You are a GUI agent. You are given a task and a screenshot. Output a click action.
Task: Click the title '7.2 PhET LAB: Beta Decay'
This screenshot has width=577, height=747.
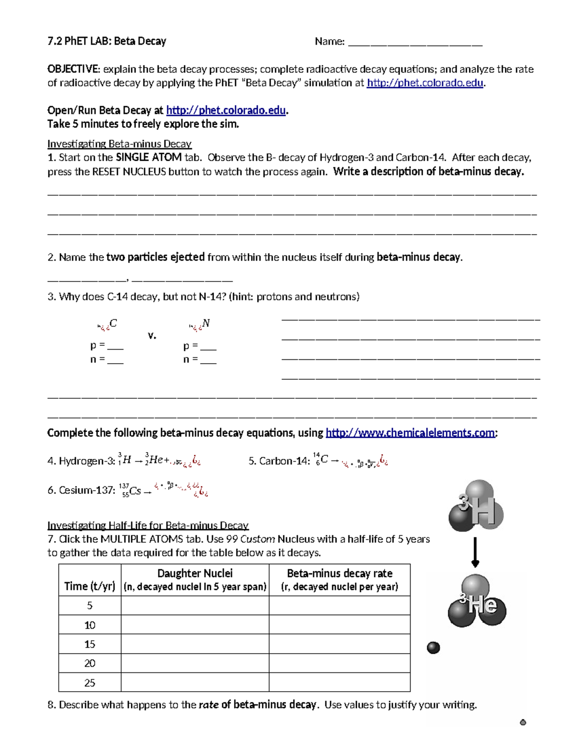pyautogui.click(x=106, y=41)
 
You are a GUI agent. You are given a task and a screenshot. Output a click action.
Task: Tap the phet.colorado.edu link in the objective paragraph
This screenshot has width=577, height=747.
pyautogui.click(x=425, y=83)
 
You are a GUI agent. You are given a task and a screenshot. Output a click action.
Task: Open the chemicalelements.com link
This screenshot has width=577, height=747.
pyautogui.click(x=410, y=433)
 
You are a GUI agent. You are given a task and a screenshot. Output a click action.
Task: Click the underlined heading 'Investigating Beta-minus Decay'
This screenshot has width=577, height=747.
pyautogui.click(x=119, y=144)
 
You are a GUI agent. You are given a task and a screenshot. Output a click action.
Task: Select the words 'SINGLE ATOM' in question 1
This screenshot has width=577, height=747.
pyautogui.click(x=149, y=157)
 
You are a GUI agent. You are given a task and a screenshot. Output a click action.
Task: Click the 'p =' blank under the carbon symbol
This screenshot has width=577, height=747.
pyautogui.click(x=115, y=346)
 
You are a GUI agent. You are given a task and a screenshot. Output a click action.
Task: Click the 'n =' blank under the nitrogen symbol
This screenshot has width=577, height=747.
pyautogui.click(x=208, y=360)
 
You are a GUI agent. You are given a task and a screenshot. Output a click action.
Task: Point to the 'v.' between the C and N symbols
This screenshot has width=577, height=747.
pyautogui.click(x=152, y=335)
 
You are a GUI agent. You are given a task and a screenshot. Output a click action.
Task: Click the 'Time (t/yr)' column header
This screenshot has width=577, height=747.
pyautogui.click(x=90, y=586)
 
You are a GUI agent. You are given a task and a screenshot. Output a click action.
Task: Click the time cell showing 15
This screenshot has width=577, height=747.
pyautogui.click(x=90, y=644)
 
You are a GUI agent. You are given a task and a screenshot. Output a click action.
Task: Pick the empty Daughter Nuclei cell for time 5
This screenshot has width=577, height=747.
pyautogui.click(x=195, y=606)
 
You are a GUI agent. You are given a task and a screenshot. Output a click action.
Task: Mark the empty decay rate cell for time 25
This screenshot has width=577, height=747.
pyautogui.click(x=339, y=683)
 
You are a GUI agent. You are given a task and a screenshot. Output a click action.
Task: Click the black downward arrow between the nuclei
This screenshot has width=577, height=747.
pyautogui.click(x=475, y=552)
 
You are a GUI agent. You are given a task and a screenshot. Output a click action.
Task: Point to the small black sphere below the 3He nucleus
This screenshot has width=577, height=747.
pyautogui.click(x=433, y=648)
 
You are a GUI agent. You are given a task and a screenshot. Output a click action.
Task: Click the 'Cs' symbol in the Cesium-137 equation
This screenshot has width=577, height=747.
pyautogui.click(x=135, y=491)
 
